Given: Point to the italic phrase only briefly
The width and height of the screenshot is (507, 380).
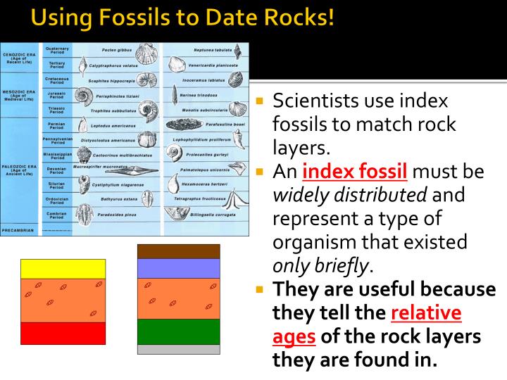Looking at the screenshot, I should (320, 265).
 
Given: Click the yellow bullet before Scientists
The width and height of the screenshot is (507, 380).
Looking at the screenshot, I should (259, 101).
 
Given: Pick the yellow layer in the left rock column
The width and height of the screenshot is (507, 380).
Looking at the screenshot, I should (63, 269).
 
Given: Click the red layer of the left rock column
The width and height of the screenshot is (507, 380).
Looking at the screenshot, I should (63, 333).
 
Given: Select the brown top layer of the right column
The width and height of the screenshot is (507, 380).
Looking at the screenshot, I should (179, 251).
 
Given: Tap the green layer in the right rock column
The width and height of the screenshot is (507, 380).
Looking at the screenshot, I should (179, 331).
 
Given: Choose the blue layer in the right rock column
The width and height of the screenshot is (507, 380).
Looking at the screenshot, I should (179, 268).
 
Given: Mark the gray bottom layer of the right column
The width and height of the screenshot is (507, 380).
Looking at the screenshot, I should (179, 349).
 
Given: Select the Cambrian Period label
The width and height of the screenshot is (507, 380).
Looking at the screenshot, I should (57, 215).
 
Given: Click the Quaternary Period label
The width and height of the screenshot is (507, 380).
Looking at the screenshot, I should (57, 50).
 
